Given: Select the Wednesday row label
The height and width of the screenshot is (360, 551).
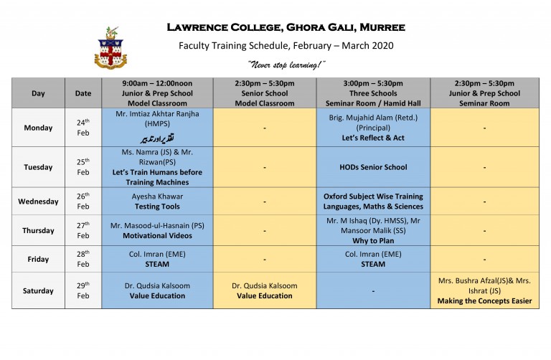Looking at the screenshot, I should [x=38, y=202].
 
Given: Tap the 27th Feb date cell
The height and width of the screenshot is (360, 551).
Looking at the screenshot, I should [x=83, y=230].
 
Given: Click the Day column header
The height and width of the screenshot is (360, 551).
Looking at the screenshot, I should [x=38, y=93].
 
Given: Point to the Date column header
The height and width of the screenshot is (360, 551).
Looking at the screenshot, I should [x=83, y=93].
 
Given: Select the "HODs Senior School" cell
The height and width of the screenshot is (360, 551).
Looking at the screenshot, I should [x=373, y=167].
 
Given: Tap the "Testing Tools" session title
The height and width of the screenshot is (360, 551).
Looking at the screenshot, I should [x=157, y=207].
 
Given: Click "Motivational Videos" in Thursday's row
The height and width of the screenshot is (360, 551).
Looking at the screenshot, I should [x=157, y=235].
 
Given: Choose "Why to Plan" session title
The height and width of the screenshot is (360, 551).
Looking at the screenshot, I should [x=373, y=240].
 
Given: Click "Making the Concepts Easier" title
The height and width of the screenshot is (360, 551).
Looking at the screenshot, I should [x=484, y=300].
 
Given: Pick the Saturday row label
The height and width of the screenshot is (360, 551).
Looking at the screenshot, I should [x=38, y=290].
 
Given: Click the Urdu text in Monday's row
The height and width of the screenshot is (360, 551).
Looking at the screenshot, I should [x=157, y=137].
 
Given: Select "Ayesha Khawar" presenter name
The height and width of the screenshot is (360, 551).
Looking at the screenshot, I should [x=157, y=196].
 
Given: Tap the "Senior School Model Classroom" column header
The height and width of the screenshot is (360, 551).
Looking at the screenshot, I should [x=265, y=93].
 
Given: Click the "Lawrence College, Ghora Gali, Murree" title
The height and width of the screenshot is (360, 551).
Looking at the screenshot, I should [x=286, y=28].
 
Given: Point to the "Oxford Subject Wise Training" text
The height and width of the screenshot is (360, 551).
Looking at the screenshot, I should [x=373, y=196].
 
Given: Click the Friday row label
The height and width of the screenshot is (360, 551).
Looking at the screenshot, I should [x=38, y=259].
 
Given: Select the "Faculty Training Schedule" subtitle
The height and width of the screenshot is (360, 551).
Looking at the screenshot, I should [x=286, y=46].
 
